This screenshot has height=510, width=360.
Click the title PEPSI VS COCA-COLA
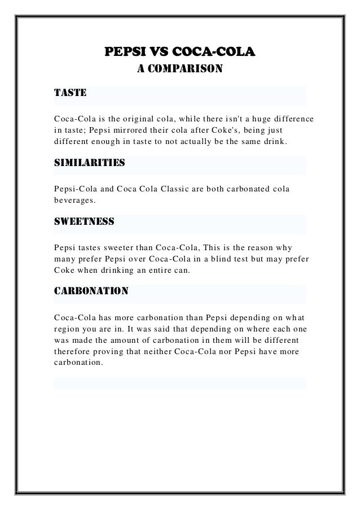(180, 53)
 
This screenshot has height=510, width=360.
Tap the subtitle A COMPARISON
(180, 70)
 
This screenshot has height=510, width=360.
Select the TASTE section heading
(70, 93)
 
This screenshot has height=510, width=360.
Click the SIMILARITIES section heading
(89, 163)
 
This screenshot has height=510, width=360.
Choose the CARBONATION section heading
(91, 291)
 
